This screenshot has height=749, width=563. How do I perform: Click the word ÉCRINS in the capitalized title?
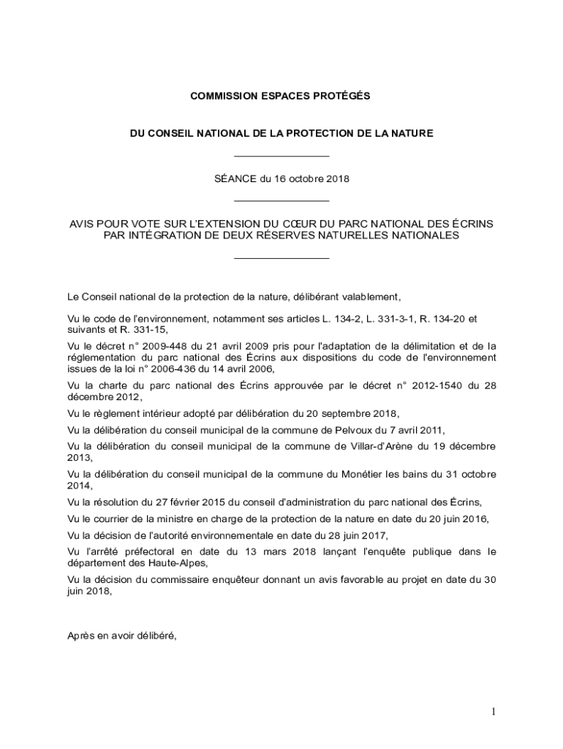(x=472, y=223)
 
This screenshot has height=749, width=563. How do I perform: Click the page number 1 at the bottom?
(x=494, y=712)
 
